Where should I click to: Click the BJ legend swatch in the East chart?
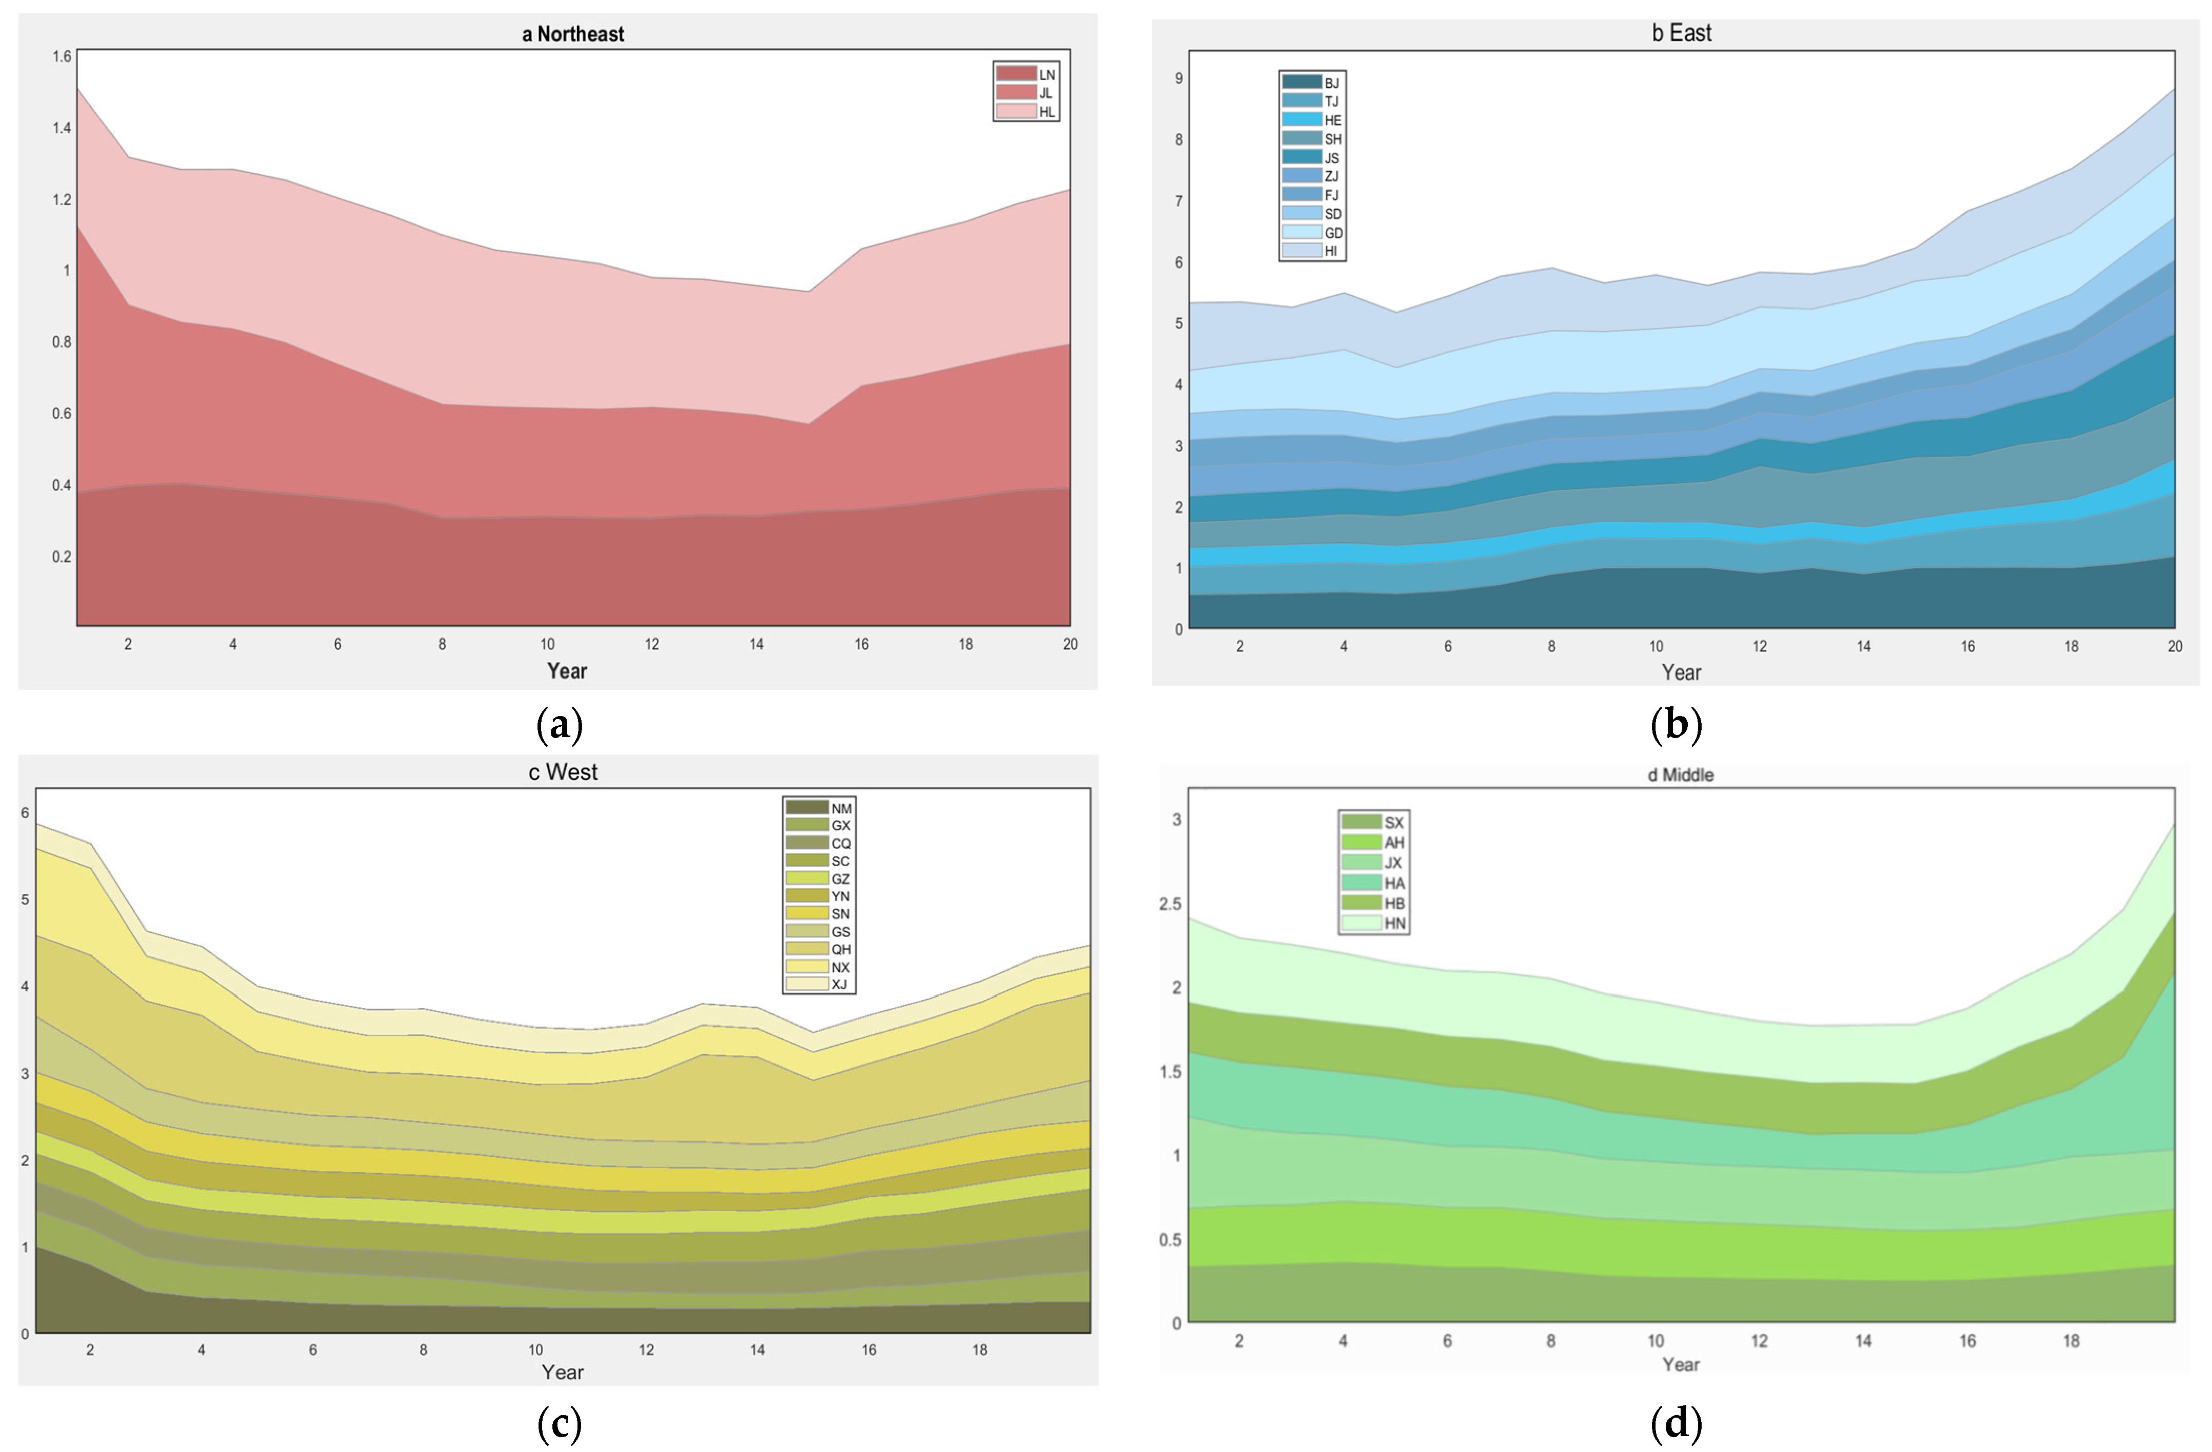(1301, 83)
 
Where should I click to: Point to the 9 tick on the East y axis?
(1179, 78)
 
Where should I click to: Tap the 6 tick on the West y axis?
(25, 812)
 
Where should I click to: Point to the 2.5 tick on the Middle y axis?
(1170, 904)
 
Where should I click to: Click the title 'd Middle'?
(1680, 775)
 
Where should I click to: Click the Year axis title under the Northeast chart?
(567, 671)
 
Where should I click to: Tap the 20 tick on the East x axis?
(2175, 646)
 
